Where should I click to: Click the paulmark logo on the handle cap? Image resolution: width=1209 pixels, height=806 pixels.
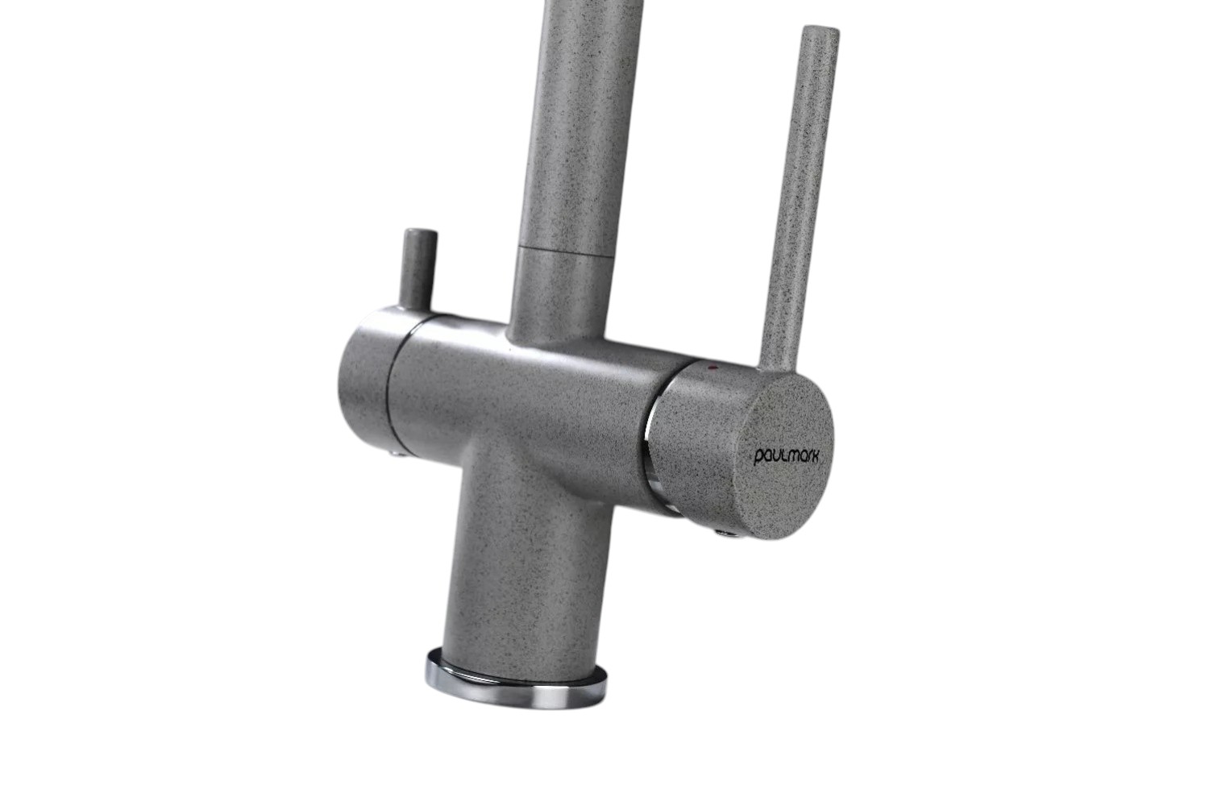click(x=786, y=457)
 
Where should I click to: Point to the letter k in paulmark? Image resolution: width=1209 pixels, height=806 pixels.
click(x=814, y=455)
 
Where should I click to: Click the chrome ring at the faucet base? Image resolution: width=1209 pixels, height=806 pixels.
click(x=517, y=683)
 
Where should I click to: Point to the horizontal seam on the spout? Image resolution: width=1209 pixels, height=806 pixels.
click(x=566, y=251)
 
